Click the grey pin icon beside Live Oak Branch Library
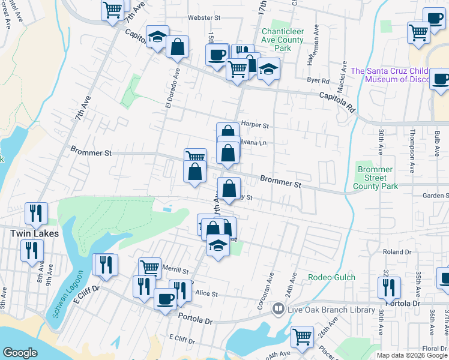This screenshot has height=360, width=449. [x=278, y=308]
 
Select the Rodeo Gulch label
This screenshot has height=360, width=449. [x=331, y=277]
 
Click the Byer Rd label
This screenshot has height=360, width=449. [x=318, y=80]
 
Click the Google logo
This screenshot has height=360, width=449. [x=20, y=353]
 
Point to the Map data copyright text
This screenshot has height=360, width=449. [x=412, y=355]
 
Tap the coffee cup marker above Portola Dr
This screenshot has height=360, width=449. [x=165, y=298]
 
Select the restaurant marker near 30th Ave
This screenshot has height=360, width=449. [x=389, y=287]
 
